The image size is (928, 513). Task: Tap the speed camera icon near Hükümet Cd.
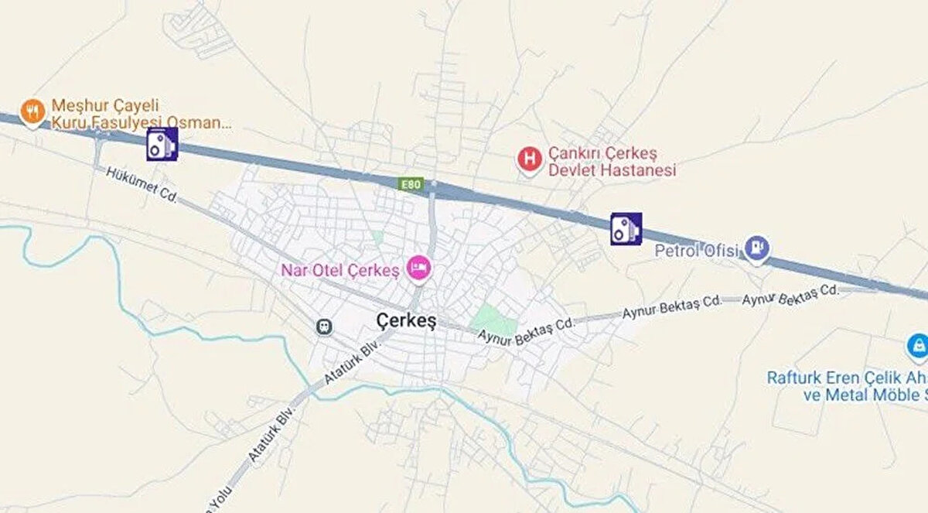click(162, 145)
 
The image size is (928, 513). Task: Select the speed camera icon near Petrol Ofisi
click(626, 229)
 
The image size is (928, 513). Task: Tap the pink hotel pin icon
click(420, 268)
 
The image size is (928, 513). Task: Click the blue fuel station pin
click(757, 248)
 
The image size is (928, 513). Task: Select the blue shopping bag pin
click(917, 345)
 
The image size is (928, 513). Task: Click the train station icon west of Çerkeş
click(324, 327)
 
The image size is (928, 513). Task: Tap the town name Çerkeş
click(406, 320)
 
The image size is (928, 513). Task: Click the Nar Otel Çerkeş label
click(340, 271)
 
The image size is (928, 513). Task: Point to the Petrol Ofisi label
click(697, 251)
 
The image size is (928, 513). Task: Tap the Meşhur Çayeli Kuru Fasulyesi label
click(139, 113)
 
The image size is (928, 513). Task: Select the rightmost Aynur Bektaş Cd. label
click(790, 295)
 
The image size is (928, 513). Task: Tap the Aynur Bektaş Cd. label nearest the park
click(526, 330)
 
